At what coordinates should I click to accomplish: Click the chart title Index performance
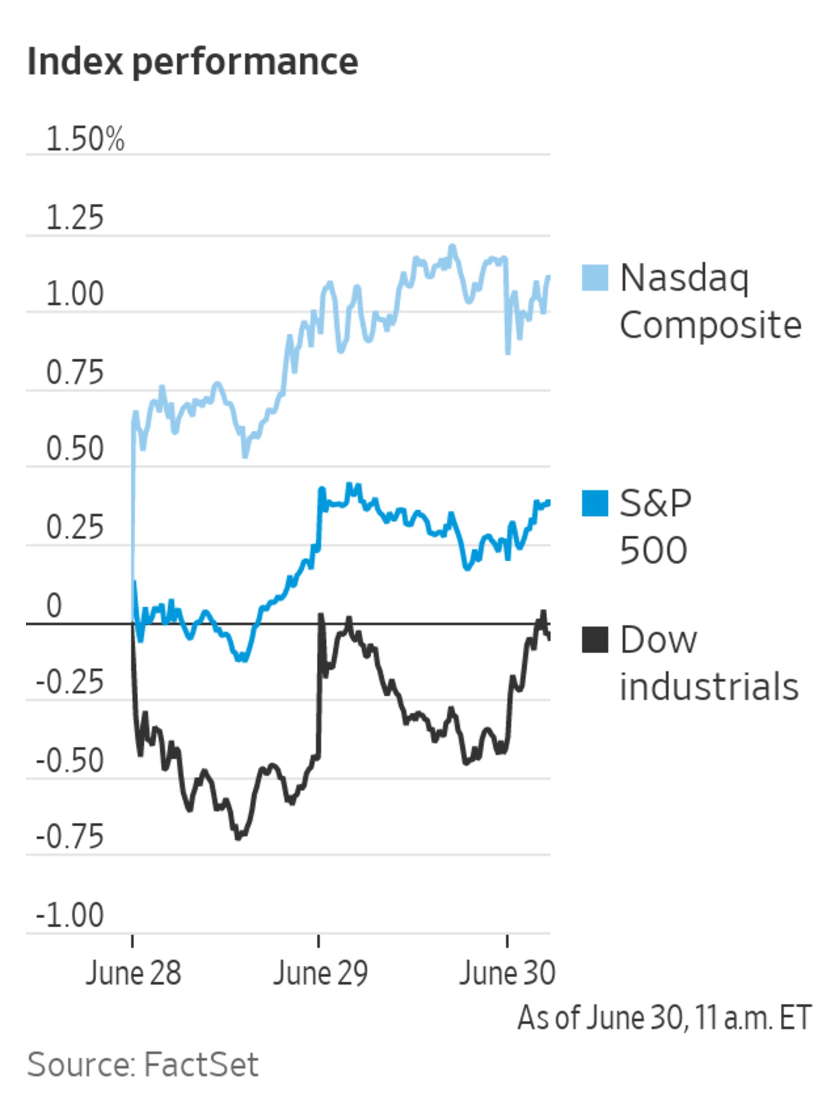click(192, 62)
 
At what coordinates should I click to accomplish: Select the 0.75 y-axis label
click(75, 373)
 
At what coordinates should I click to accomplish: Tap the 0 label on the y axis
click(54, 606)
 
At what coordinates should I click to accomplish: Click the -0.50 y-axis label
click(70, 761)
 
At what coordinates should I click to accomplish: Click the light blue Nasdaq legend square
click(594, 277)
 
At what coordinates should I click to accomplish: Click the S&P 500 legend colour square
click(594, 503)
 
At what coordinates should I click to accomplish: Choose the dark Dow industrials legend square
click(594, 639)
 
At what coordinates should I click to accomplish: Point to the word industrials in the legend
click(709, 687)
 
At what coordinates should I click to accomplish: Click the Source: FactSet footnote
click(143, 1064)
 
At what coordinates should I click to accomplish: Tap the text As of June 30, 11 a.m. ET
click(664, 1018)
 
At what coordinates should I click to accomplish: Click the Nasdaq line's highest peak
click(452, 248)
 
